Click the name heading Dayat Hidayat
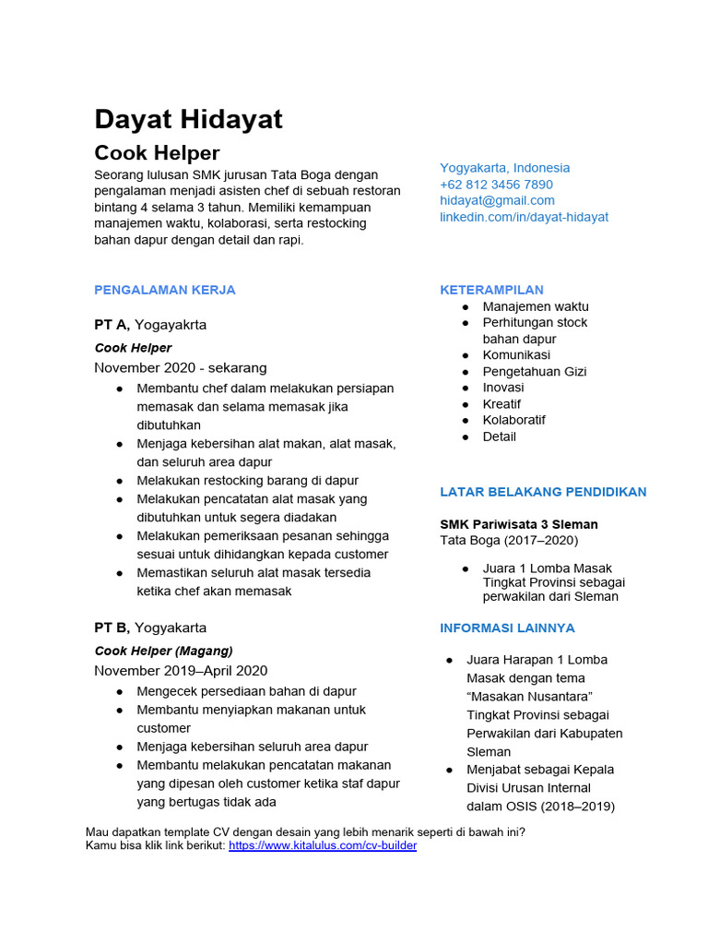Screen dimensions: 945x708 [188, 119]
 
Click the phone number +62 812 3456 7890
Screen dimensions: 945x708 [496, 185]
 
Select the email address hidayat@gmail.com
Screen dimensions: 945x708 [497, 200]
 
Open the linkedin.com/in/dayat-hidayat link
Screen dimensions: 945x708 [524, 217]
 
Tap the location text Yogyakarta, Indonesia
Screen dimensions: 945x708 [504, 168]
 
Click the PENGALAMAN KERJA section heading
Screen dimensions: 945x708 [165, 290]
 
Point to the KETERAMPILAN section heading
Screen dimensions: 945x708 [491, 290]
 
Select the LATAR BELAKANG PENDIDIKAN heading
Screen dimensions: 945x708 [543, 492]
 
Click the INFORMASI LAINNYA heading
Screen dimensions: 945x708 [507, 628]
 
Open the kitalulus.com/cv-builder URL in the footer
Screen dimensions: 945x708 [323, 845]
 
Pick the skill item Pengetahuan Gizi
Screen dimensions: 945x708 [535, 371]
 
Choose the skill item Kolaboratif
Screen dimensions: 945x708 [513, 420]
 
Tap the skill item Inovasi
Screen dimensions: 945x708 [503, 388]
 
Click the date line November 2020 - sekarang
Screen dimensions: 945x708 [181, 367]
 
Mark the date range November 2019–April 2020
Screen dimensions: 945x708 [181, 670]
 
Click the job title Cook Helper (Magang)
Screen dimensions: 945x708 [164, 651]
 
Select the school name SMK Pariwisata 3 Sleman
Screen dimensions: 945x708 [519, 524]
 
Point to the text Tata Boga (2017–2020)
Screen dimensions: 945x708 [509, 540]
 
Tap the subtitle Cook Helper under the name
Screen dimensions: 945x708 [157, 152]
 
